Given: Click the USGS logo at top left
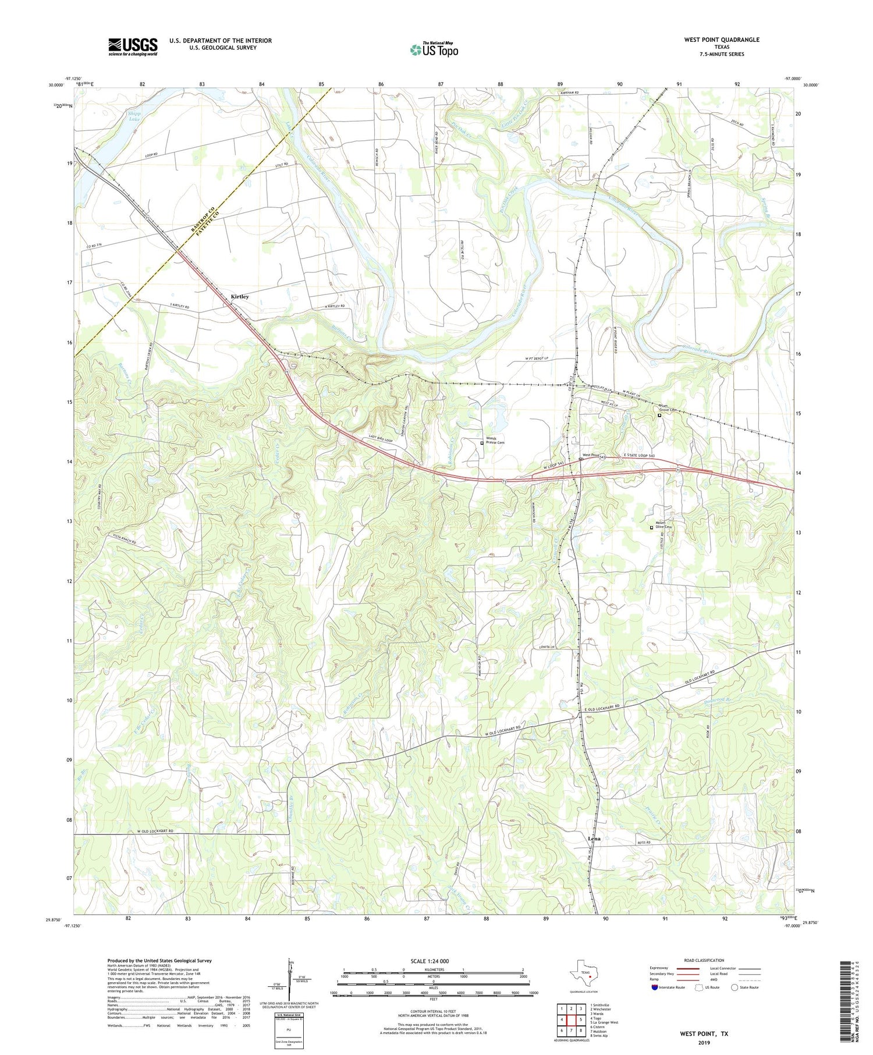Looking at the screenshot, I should (133, 47).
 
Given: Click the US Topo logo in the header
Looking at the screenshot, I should (434, 50).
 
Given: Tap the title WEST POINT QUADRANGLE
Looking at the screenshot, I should (722, 40).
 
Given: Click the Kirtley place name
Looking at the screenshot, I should (240, 297).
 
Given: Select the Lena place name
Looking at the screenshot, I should (594, 839).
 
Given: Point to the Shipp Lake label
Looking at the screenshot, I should (134, 116).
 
